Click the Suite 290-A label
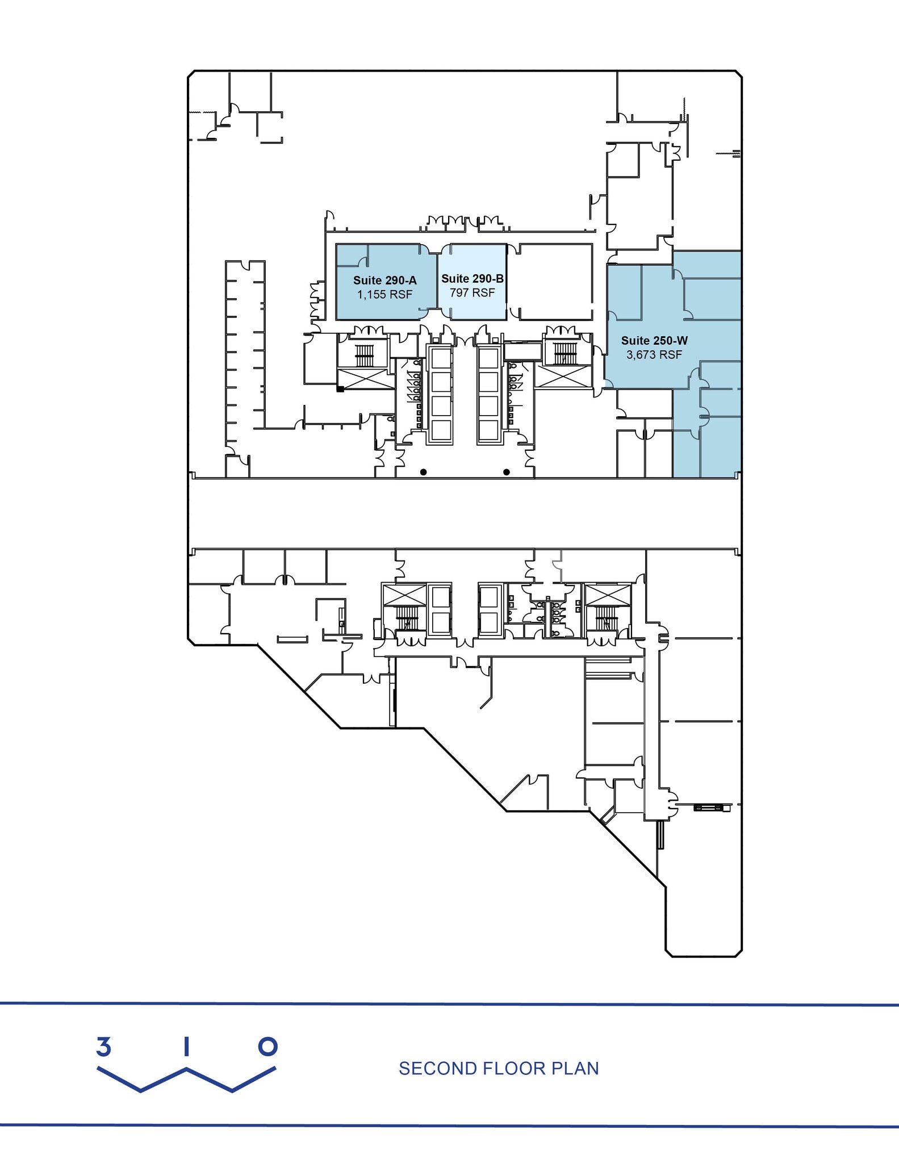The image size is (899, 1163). click(x=384, y=280)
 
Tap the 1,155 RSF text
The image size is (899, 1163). click(x=384, y=295)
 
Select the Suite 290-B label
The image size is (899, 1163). click(x=472, y=278)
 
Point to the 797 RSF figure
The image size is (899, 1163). click(x=472, y=292)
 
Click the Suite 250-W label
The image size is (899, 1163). click(x=654, y=341)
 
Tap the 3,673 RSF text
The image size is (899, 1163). click(x=654, y=355)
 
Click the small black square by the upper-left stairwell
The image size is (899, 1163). click(x=340, y=390)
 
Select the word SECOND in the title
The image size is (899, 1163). click(x=438, y=1069)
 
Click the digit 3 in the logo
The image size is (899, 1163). click(x=103, y=1047)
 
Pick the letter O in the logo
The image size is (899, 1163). click(x=267, y=1047)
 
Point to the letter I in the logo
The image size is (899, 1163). click(x=186, y=1047)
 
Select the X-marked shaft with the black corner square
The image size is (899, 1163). click(x=366, y=378)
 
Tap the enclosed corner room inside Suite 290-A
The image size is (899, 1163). click(x=352, y=256)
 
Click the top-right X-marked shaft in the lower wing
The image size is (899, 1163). click(x=608, y=595)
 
